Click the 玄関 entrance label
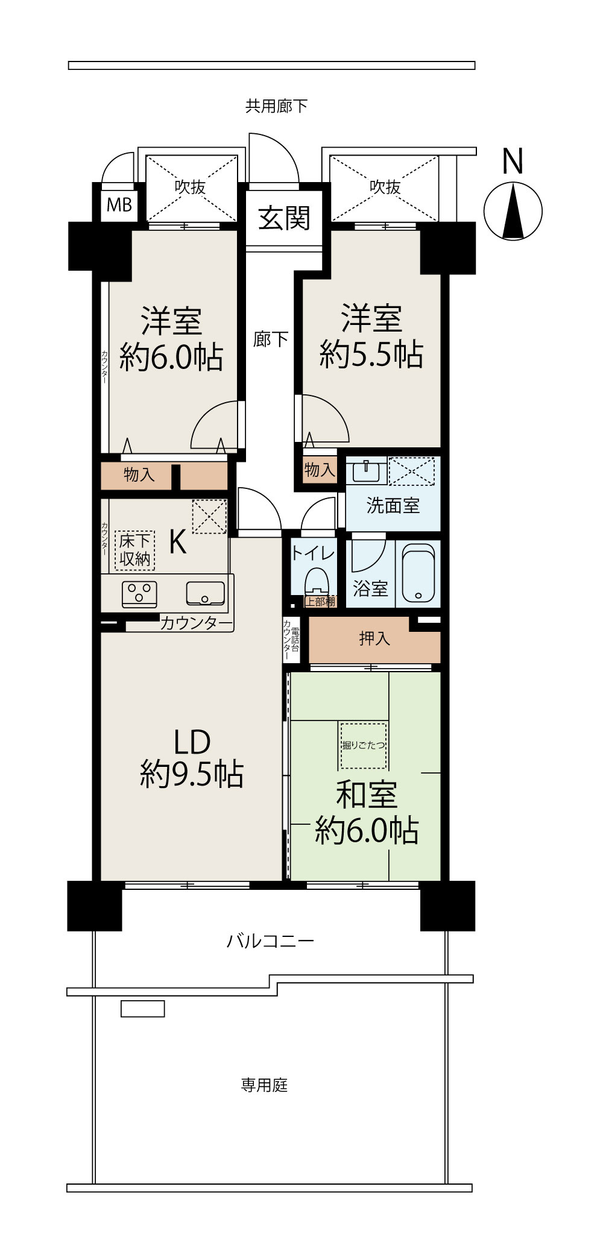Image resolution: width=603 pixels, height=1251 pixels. coord(284,218)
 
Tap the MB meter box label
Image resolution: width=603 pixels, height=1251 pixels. coord(119,205)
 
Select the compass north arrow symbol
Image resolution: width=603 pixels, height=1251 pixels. coord(513,212)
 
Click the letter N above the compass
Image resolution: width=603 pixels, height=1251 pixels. coord(513,162)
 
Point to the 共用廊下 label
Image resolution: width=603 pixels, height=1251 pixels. coord(276,107)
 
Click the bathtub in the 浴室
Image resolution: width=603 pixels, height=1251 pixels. coord(418,574)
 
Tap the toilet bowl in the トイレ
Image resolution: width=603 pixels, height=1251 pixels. coord(316,582)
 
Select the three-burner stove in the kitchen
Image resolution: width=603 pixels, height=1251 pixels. coord(140,593)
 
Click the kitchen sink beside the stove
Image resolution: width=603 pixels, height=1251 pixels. coord(205,593)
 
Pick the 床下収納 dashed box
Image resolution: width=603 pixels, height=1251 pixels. coord(134,550)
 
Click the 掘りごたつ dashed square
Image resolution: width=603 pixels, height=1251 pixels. coord(363,746)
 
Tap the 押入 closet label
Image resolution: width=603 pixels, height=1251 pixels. coord(374,638)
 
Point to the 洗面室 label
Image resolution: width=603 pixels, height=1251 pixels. coord(393,505)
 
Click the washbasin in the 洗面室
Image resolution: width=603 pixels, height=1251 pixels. coord(366,470)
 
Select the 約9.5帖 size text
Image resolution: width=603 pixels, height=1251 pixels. coord(192,774)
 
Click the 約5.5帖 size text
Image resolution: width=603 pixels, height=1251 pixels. coord(371,354)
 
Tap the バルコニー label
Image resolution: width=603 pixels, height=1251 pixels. coord(270,941)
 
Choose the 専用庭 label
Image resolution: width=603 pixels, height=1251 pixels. coord(264,1085)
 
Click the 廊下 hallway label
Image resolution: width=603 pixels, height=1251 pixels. coord(270,339)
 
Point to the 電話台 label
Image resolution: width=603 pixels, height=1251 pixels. coord(295,640)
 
